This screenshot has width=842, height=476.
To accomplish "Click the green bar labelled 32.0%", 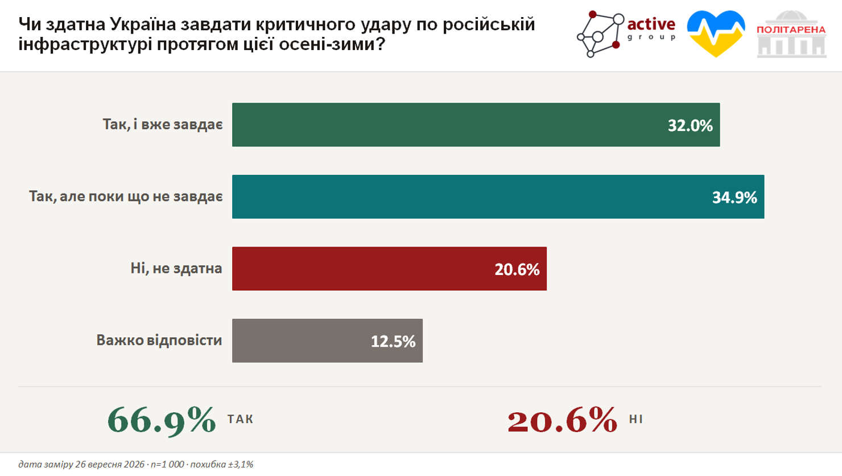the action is (476, 125).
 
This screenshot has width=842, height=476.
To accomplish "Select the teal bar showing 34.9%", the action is (498, 196).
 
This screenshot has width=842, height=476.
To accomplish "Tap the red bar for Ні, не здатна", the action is (389, 269).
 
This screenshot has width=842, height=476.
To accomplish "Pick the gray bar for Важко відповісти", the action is (327, 340).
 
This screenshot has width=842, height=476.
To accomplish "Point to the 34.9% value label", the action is (734, 198).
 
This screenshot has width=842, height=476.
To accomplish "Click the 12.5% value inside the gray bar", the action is (393, 342).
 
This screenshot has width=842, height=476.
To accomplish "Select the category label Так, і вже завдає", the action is (163, 124).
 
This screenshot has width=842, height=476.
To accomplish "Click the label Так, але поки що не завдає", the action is (126, 196).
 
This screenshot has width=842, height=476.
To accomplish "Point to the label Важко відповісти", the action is (159, 340).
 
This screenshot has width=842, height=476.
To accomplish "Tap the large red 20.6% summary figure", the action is (562, 420).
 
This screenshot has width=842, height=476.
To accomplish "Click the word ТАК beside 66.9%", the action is (241, 419).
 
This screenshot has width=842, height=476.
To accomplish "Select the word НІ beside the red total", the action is (636, 419).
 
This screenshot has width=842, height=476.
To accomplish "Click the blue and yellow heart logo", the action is (716, 34).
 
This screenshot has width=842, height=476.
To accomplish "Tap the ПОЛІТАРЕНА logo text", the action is (791, 30).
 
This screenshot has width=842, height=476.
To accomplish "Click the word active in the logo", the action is (651, 24).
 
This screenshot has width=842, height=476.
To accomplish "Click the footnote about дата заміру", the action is (136, 465).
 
